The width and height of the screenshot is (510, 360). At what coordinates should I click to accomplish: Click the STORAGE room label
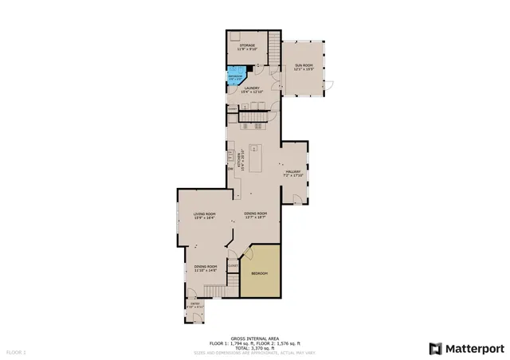(248, 47)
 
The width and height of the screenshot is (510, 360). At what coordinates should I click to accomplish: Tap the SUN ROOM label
(304, 66)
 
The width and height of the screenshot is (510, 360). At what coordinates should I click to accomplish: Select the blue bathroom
(233, 78)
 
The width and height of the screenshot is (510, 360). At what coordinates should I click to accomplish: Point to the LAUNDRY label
(253, 90)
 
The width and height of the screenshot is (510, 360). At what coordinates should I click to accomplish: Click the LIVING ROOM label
(204, 215)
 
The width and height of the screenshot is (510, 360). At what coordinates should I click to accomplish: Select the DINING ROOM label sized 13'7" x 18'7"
(255, 215)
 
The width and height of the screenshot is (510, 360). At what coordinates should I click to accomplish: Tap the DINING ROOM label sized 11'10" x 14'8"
(206, 268)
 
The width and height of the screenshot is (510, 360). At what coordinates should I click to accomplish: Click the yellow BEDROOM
(260, 273)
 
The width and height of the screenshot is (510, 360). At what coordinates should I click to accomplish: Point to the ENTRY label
(194, 304)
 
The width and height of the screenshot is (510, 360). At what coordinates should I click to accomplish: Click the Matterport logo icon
(434, 348)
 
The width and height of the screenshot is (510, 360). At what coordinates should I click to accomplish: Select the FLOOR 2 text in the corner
(17, 351)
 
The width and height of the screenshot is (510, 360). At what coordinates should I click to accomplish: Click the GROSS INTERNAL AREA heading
(254, 338)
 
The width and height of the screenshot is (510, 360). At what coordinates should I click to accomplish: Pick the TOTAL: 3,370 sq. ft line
(254, 347)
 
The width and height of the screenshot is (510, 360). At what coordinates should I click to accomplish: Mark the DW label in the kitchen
(230, 168)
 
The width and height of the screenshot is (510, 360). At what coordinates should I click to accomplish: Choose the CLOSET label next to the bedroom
(234, 265)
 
